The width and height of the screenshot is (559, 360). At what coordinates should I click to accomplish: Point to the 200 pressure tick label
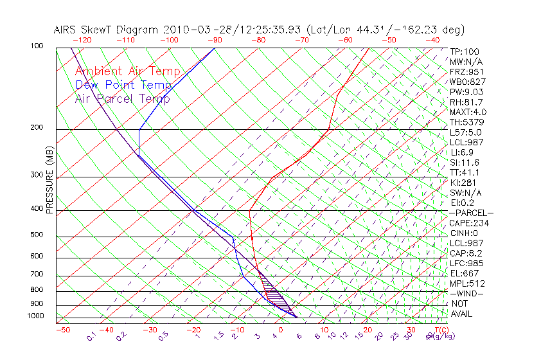[x=36, y=128]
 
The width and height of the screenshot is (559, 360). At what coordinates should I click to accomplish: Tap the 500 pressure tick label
[x=36, y=235]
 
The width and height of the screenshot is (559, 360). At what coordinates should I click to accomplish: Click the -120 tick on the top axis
[x=82, y=39]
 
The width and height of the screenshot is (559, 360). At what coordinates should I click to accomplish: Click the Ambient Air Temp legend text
[x=127, y=71]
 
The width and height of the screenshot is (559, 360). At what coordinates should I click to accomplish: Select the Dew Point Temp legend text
[x=123, y=85]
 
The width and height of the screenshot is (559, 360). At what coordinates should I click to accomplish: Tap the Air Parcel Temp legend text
[x=122, y=98]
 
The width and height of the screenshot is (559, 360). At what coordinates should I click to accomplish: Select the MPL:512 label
[x=467, y=283]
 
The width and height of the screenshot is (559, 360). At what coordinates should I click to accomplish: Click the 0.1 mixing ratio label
[x=91, y=336]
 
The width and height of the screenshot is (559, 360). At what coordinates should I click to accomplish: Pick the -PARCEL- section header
[x=471, y=213]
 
